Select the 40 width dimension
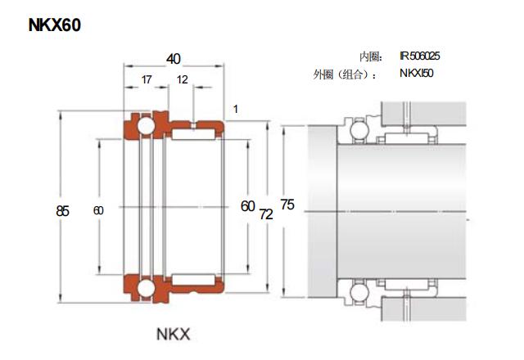pyautogui.click(x=174, y=59)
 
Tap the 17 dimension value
pyautogui.click(x=146, y=80)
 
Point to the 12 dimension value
pyautogui.click(x=182, y=80)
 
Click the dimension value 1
pyautogui.click(x=236, y=109)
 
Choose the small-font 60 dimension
pyautogui.click(x=98, y=210)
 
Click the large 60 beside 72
pyautogui.click(x=248, y=206)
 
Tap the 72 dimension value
pyautogui.click(x=266, y=214)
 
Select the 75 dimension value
pyautogui.click(x=287, y=203)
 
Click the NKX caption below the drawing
pyautogui.click(x=173, y=334)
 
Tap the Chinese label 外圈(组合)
pyautogui.click(x=345, y=74)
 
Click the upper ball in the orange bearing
pyautogui.click(x=145, y=127)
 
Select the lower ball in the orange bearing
pyautogui.click(x=145, y=288)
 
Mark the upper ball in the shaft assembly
pyautogui.click(x=357, y=128)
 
